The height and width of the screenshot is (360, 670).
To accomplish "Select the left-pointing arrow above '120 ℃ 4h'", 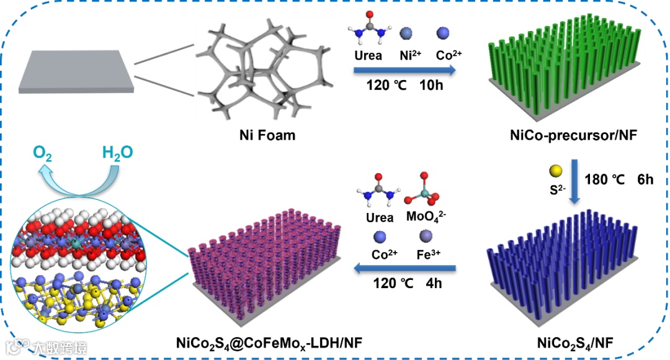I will [x=406, y=269].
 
